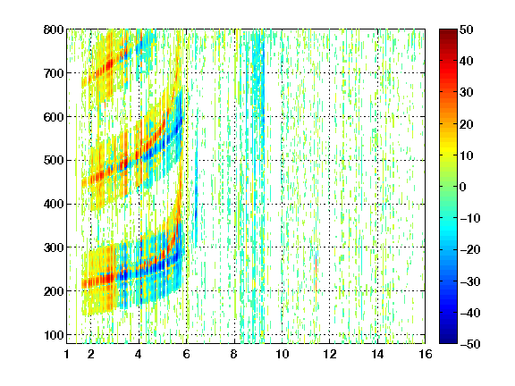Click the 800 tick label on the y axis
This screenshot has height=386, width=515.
[54, 29]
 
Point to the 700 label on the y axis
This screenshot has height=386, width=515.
[54, 73]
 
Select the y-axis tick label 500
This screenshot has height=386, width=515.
[54, 161]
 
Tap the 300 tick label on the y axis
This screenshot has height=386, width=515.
[54, 248]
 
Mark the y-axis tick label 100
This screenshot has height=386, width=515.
[54, 335]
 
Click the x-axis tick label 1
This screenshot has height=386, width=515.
[67, 354]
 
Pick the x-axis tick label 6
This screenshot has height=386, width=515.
[187, 354]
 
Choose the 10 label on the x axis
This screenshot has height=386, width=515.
[283, 354]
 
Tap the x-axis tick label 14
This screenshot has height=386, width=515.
[377, 354]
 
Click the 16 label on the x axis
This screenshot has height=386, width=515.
[426, 354]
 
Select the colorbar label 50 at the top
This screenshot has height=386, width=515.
[466, 29]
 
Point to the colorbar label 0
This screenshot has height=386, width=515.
[463, 187]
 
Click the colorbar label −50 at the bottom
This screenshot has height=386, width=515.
[470, 344]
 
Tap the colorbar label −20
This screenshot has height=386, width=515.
[470, 249]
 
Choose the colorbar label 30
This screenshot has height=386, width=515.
[466, 92]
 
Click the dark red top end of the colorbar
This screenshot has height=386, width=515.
[448, 31]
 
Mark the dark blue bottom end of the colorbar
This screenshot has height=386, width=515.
[448, 340]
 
